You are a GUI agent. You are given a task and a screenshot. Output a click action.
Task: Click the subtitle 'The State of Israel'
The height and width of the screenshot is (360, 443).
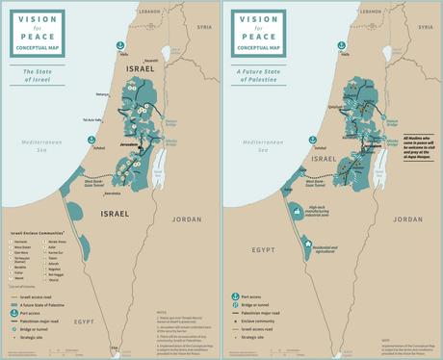click(37, 71)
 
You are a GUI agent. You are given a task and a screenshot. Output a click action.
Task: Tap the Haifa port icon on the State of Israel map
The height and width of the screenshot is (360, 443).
click(122, 46)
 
